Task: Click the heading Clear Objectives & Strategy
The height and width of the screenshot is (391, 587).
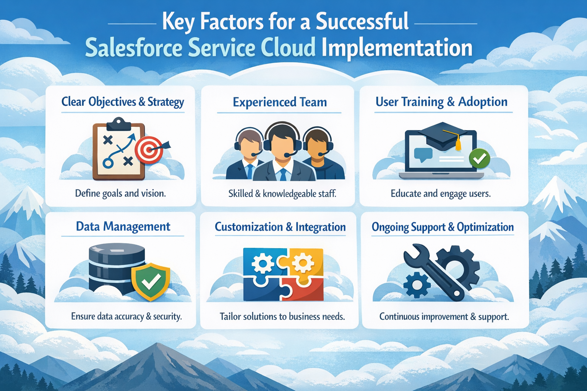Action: (123, 102)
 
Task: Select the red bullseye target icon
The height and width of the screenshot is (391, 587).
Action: (149, 149)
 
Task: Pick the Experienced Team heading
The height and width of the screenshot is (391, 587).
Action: (280, 102)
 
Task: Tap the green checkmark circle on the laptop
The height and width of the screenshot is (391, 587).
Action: (479, 158)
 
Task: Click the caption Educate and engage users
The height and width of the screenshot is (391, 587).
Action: (440, 194)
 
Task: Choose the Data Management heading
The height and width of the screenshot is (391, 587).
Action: (123, 226)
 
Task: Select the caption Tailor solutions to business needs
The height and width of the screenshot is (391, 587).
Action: (282, 317)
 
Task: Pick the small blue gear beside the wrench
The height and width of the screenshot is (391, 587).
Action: (416, 284)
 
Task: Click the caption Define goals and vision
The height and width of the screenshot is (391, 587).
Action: (120, 193)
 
